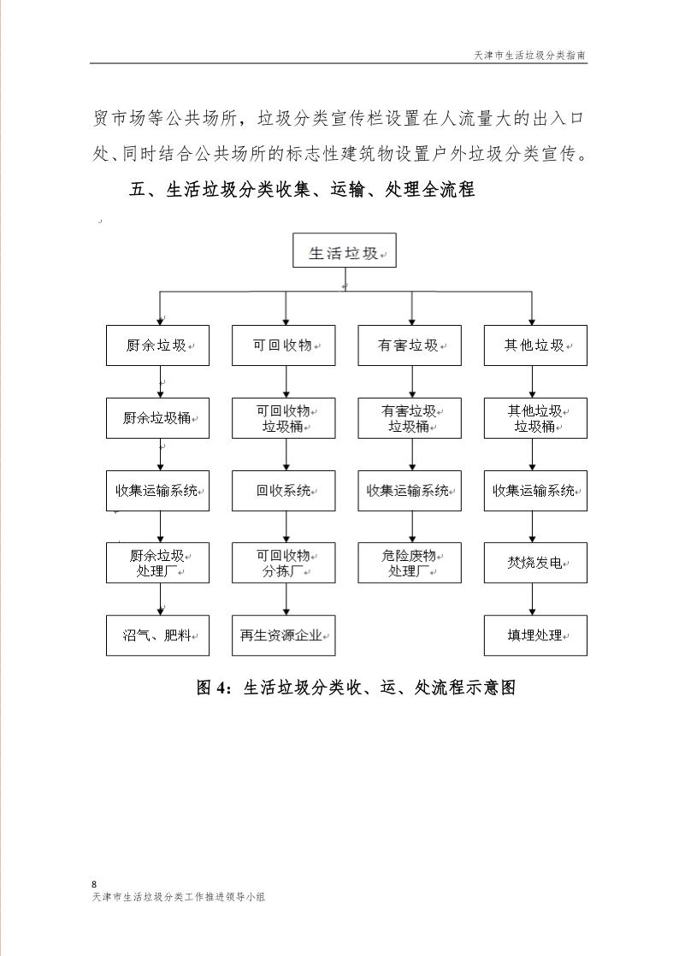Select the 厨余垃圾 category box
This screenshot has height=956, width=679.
[x=157, y=345]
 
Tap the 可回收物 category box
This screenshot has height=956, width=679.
[x=284, y=345]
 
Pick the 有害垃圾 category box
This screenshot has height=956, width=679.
[x=410, y=345]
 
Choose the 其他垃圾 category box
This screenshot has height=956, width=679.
[x=535, y=345]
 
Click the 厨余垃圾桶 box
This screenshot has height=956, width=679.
[x=157, y=418]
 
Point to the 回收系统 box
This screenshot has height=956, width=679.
[x=284, y=491]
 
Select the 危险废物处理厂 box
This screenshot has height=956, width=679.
[x=410, y=563]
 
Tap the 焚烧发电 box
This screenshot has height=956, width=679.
[x=535, y=563]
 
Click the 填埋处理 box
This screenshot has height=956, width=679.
[x=535, y=635]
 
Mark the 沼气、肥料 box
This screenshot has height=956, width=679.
[x=157, y=635]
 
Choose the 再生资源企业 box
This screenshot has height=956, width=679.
[x=284, y=635]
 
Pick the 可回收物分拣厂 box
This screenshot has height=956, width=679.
[x=284, y=563]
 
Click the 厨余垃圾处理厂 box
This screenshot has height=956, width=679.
[x=157, y=563]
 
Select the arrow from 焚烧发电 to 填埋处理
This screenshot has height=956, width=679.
[x=533, y=599]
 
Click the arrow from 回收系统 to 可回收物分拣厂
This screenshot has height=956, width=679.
[x=286, y=527]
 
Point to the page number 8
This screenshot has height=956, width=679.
[x=93, y=883]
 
